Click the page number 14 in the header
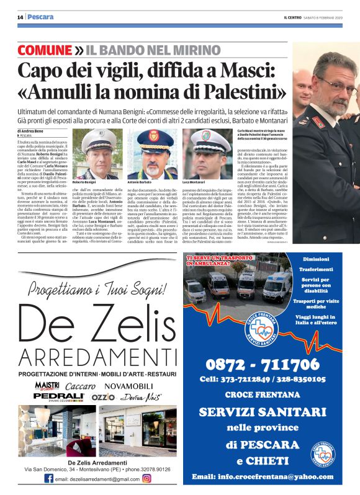tap(20, 17)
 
